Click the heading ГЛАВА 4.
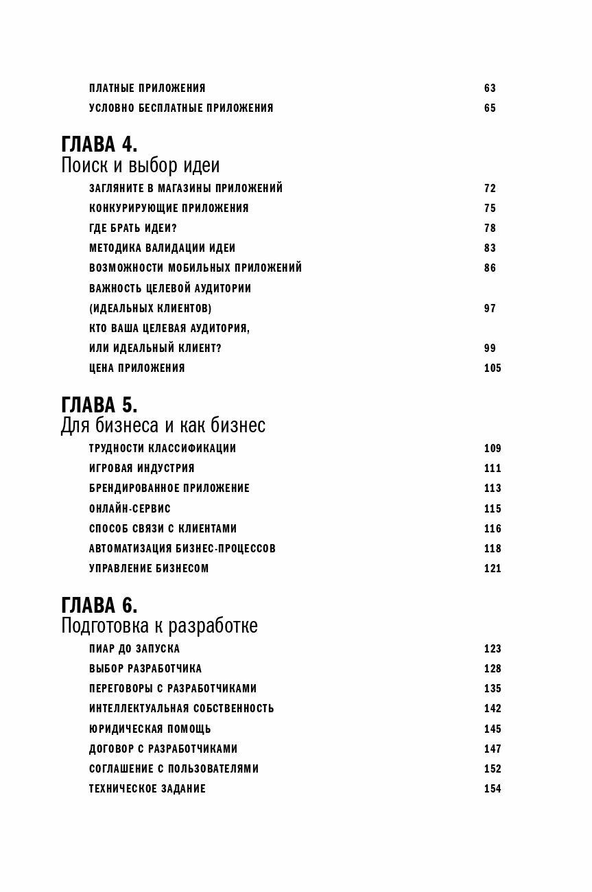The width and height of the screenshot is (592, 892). coord(99,145)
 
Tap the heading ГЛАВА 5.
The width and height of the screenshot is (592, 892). coord(99,405)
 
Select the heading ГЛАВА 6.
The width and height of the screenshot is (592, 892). coord(99,605)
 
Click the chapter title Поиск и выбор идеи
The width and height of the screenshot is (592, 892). coord(141,166)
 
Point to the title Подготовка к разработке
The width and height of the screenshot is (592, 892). coord(159,626)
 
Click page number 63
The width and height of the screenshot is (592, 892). coord(490,89)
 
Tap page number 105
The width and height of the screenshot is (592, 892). coord(493,368)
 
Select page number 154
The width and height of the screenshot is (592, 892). coord(493,789)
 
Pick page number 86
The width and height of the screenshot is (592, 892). coord(490,268)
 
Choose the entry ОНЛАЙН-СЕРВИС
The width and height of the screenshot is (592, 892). coord(130,509)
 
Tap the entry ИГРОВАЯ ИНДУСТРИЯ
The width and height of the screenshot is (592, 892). coord(142,469)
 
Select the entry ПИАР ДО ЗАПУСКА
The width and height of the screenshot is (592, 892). coord(134,649)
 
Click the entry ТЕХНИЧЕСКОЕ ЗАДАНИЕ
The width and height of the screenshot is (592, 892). coord(147,789)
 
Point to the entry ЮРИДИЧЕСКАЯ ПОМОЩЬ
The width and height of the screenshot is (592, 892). coord(150,729)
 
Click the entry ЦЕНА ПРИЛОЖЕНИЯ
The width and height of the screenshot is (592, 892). coord(137,368)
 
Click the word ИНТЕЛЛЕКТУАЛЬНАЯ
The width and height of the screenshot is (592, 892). coord(137,709)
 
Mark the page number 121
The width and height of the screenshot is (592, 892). coord(493,569)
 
